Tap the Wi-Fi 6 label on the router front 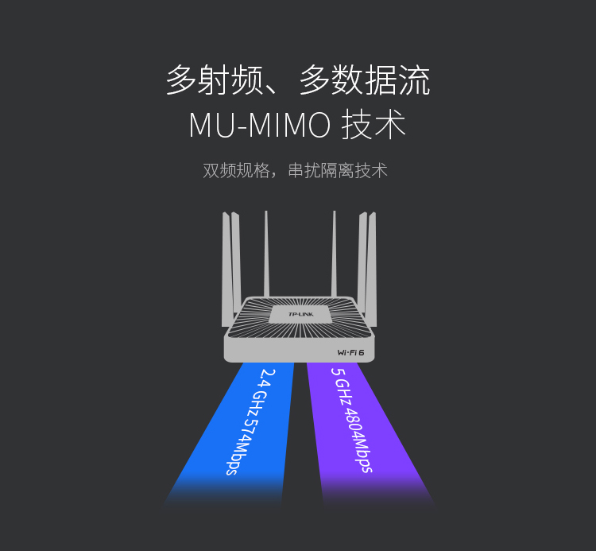pyautogui.click(x=350, y=352)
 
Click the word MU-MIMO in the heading pyautogui.click(x=259, y=126)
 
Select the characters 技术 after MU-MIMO pyautogui.click(x=373, y=126)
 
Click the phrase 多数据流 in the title pyautogui.click(x=365, y=81)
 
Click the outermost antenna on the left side pyautogui.click(x=226, y=270)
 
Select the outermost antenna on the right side pyautogui.click(x=372, y=270)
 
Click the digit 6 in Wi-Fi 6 pyautogui.click(x=361, y=352)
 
